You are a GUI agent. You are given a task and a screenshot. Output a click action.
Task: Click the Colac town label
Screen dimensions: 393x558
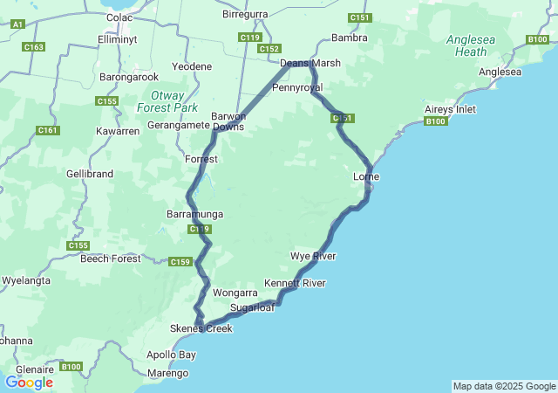click(x=119, y=17)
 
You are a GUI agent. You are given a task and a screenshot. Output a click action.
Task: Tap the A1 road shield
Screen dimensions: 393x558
click(x=17, y=25)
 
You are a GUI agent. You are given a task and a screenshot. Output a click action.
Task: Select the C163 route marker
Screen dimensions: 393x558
click(x=35, y=46)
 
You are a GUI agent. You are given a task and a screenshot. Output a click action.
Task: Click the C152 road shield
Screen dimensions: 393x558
click(x=269, y=49)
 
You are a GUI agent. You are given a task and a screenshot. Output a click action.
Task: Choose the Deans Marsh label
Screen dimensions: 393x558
click(x=310, y=63)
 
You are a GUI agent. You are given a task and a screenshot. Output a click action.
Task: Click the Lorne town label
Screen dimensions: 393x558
click(x=366, y=177)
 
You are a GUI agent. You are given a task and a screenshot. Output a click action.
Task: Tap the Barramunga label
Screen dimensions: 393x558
click(x=195, y=214)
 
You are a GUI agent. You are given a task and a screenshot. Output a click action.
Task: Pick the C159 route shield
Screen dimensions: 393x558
click(x=180, y=262)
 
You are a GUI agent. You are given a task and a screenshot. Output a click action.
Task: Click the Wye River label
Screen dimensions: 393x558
click(x=313, y=256)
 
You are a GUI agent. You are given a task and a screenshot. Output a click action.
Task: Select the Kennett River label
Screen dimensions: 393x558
click(x=295, y=284)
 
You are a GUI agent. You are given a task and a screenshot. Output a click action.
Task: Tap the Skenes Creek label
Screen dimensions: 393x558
click(x=201, y=328)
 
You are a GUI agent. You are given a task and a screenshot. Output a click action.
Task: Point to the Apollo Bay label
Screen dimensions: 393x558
click(x=172, y=355)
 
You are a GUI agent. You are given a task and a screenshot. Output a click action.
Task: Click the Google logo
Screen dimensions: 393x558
click(x=29, y=382)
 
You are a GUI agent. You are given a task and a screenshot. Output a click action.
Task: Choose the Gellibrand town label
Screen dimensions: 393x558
click(x=90, y=174)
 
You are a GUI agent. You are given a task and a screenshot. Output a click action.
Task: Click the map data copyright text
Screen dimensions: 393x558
click(x=503, y=386)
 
